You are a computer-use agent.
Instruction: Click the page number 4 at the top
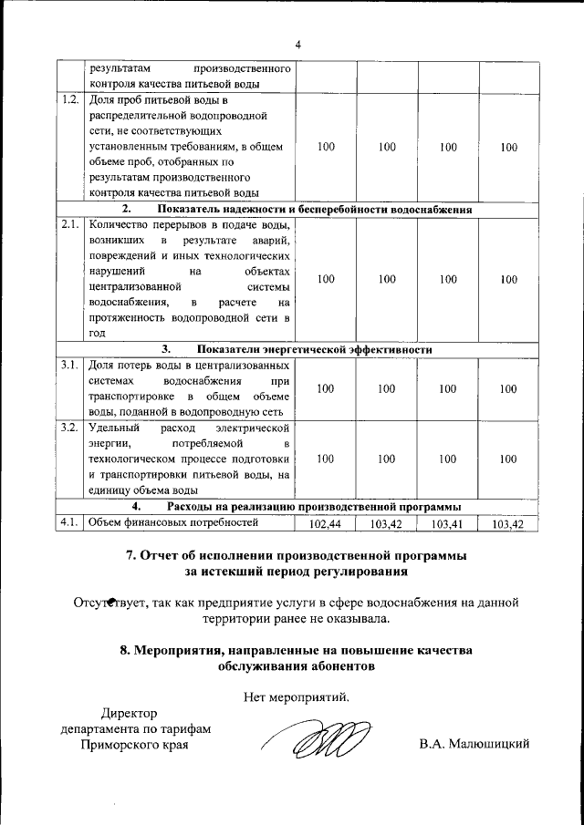pos(297,46)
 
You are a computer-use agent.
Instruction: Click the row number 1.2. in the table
pos(70,99)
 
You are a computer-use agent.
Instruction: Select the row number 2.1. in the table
pos(70,223)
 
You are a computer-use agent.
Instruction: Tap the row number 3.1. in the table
pos(70,365)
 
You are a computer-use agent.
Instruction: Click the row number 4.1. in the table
pos(70,522)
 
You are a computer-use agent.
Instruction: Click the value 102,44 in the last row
pos(325,524)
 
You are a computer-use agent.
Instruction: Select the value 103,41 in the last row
pos(447,524)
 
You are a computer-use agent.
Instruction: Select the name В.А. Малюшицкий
pos(474,745)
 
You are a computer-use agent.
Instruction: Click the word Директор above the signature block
pos(129,713)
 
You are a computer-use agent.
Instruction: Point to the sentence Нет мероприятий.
pos(297,698)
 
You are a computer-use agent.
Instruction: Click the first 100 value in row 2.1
pos(326,280)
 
